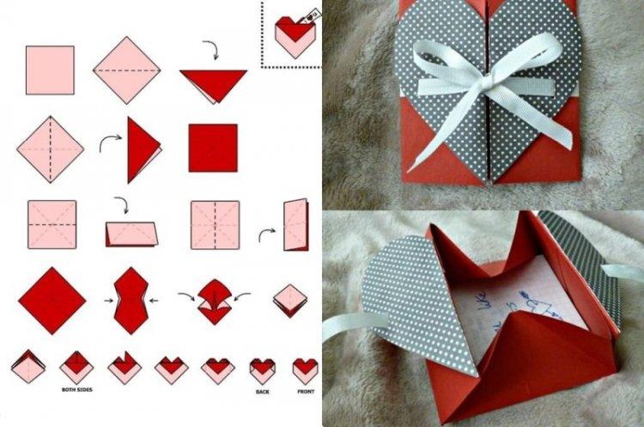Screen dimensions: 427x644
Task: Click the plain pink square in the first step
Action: (x=49, y=70)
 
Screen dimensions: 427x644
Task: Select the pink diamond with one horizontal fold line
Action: (x=126, y=70)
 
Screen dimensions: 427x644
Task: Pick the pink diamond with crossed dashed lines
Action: (x=50, y=148)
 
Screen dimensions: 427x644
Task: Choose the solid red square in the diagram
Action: (x=212, y=148)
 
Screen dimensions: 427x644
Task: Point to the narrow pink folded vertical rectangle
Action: (x=295, y=224)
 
